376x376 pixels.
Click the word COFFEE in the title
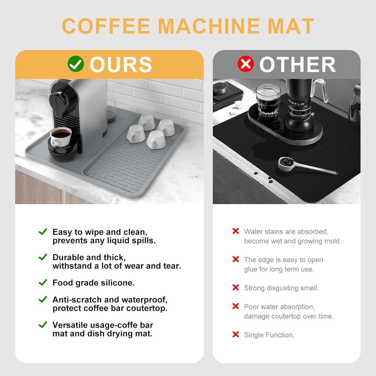tap(106, 26)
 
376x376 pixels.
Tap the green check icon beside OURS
tap(75, 64)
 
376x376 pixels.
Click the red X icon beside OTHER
tap(245, 64)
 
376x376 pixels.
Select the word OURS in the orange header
tap(121, 65)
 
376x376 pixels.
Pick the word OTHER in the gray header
tap(297, 65)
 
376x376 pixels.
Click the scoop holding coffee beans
tap(287, 163)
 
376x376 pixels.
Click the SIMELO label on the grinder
tap(296, 103)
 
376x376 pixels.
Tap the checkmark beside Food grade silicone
tap(43, 282)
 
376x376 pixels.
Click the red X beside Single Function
tap(235, 334)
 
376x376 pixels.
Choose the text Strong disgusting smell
tap(281, 288)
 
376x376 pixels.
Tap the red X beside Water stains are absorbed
tap(235, 231)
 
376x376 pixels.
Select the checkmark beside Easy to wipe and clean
tap(43, 231)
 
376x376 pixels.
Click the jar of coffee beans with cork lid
tap(356, 104)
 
